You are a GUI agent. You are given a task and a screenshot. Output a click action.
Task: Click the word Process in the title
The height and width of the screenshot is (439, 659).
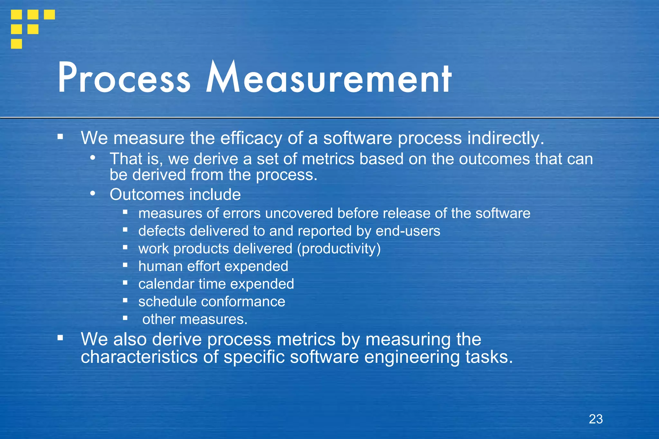(124, 78)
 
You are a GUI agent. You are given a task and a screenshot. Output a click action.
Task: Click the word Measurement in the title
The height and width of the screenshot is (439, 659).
(329, 78)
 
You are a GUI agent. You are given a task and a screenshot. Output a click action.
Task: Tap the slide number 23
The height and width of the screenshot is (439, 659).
(596, 419)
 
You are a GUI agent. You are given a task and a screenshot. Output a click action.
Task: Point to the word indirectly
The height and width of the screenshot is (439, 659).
(506, 138)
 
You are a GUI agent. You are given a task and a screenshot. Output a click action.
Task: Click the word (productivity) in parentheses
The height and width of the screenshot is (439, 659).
(339, 249)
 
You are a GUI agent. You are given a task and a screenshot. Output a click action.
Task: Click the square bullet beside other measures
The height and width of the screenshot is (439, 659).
(125, 318)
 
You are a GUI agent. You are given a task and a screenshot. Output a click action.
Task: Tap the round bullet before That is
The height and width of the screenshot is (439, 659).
(93, 158)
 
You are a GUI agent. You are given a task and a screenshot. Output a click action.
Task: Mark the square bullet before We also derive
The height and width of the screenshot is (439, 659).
(60, 338)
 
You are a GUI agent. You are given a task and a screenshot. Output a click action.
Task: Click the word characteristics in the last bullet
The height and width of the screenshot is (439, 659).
(139, 357)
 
